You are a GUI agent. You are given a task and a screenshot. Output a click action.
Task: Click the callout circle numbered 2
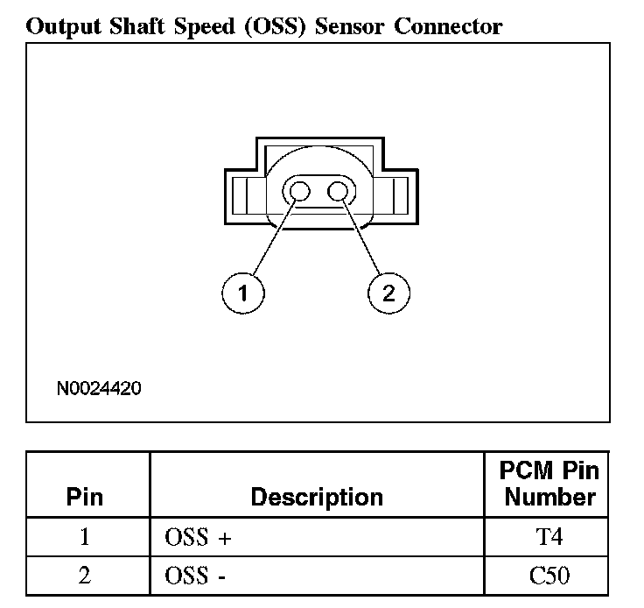coord(388,293)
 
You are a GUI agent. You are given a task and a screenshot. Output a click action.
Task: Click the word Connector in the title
coord(448,26)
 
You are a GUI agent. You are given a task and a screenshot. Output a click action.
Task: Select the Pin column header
coord(85,498)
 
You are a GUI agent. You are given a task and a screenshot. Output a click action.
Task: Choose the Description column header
coord(317,498)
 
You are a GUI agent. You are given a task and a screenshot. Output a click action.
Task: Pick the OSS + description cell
coord(198,537)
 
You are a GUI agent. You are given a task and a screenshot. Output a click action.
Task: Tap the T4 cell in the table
coord(547,536)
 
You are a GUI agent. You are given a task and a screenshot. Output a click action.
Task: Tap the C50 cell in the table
coord(547,576)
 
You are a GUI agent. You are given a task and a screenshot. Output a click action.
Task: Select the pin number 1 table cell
coord(85,536)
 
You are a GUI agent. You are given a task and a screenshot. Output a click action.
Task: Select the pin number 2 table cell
coord(85,576)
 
